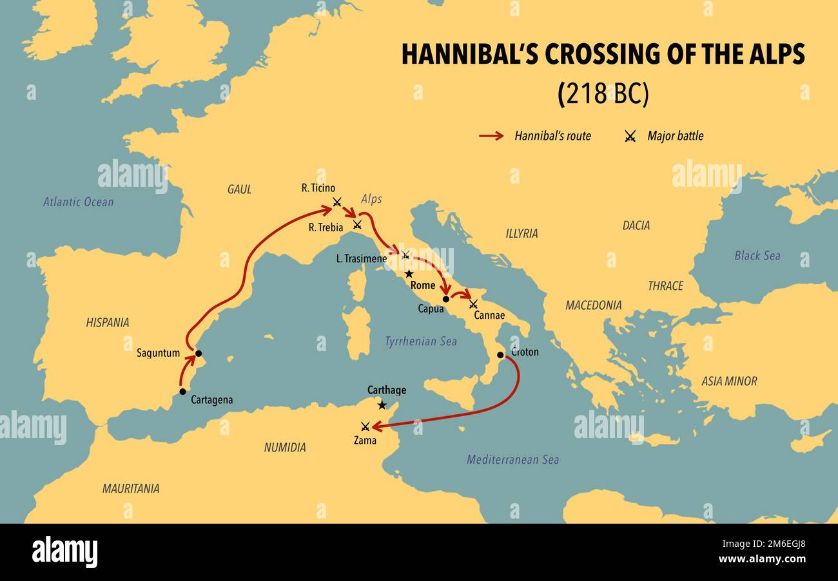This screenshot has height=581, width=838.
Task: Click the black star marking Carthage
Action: pos(382,405)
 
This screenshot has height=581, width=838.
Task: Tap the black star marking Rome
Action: pos(409,274)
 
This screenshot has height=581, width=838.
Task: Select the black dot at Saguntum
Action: pos(199,354)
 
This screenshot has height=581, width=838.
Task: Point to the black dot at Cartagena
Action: pos(182,392)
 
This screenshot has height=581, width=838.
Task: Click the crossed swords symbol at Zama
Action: pos(365,426)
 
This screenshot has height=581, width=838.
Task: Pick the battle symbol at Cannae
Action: pos(473,303)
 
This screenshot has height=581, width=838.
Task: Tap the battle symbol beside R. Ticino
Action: pos(336,202)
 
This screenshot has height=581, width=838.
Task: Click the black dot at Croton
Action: pos(500,355)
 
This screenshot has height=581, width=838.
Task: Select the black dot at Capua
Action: pos(445,299)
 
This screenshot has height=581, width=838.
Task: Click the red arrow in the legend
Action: pos(491,136)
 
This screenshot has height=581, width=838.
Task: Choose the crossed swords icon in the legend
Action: pos(630,136)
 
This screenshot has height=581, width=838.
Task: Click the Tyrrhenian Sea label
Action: pos(420,341)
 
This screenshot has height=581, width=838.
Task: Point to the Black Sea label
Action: pos(757,256)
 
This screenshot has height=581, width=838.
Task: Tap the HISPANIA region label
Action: pos(108,323)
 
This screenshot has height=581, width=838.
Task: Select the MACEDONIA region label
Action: pos(593,305)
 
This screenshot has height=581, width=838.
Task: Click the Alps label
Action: pos(371,200)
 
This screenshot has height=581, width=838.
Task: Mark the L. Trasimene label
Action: pos(361,259)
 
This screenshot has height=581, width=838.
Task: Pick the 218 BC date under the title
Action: pos(603,94)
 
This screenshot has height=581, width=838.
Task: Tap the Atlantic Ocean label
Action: pos(79,202)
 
